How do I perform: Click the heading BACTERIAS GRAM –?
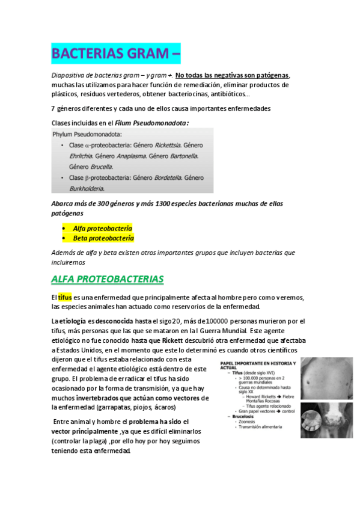pos(116,54)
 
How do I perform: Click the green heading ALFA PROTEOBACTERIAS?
pos(107,280)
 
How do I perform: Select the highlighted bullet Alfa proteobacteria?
pos(102,228)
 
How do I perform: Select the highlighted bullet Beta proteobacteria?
pos(103,238)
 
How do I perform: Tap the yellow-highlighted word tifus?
pos(64,298)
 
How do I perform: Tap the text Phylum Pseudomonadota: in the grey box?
pos(87,134)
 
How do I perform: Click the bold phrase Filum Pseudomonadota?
pos(156,123)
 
